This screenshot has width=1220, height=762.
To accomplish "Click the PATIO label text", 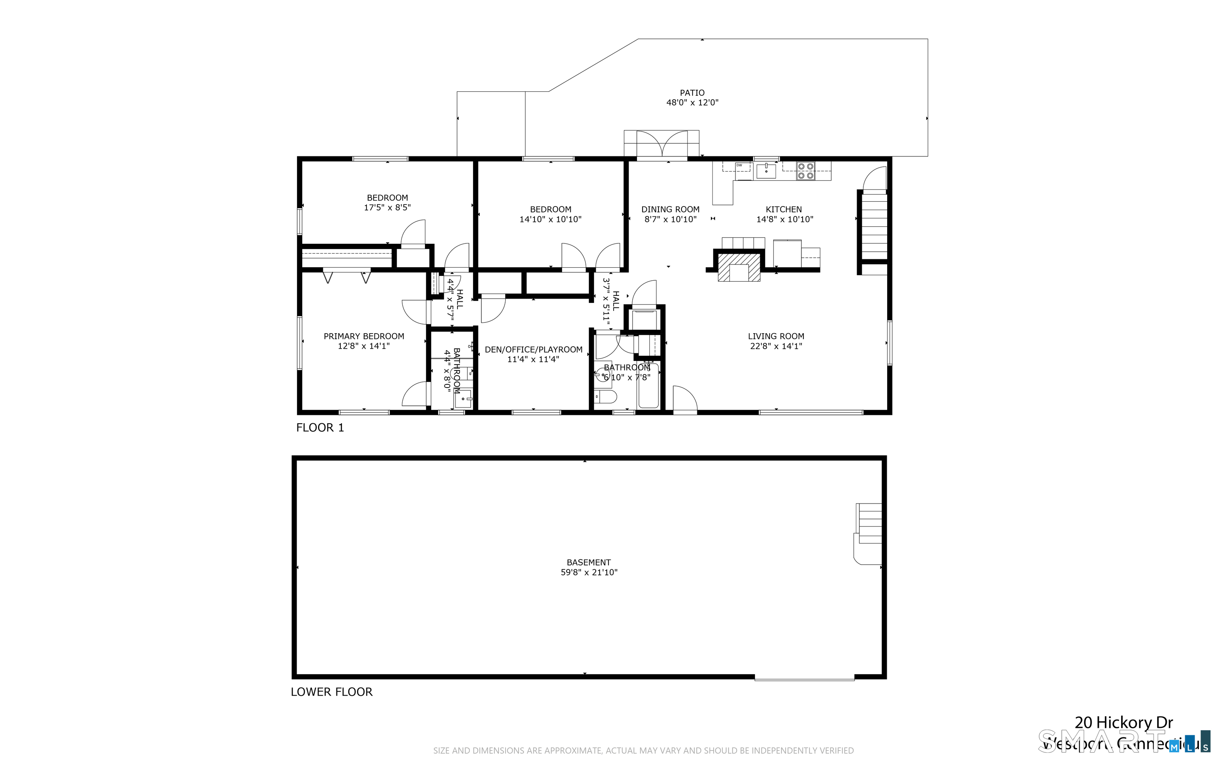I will (692, 93).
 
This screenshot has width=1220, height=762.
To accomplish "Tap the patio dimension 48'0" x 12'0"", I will (692, 103).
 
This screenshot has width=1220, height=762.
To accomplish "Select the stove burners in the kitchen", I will (805, 170).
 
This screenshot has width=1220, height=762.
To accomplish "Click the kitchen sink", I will (766, 171).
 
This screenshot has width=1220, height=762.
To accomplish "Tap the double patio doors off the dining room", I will (662, 145).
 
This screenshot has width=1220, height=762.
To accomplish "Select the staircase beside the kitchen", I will (874, 226).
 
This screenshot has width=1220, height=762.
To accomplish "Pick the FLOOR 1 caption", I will (320, 428).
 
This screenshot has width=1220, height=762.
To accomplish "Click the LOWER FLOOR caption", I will (332, 692).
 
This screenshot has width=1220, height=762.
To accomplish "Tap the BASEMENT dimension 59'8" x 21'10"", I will (589, 573).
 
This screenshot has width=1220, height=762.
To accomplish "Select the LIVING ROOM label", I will (776, 336).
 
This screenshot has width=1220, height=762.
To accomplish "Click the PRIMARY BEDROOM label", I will (363, 336).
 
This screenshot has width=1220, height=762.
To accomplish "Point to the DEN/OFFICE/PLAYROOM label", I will (533, 350).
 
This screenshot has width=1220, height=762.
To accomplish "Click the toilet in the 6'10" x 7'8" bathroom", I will (604, 397).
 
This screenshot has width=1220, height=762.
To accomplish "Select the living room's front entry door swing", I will (684, 399).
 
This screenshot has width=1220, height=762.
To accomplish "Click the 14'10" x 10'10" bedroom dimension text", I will (550, 220).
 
